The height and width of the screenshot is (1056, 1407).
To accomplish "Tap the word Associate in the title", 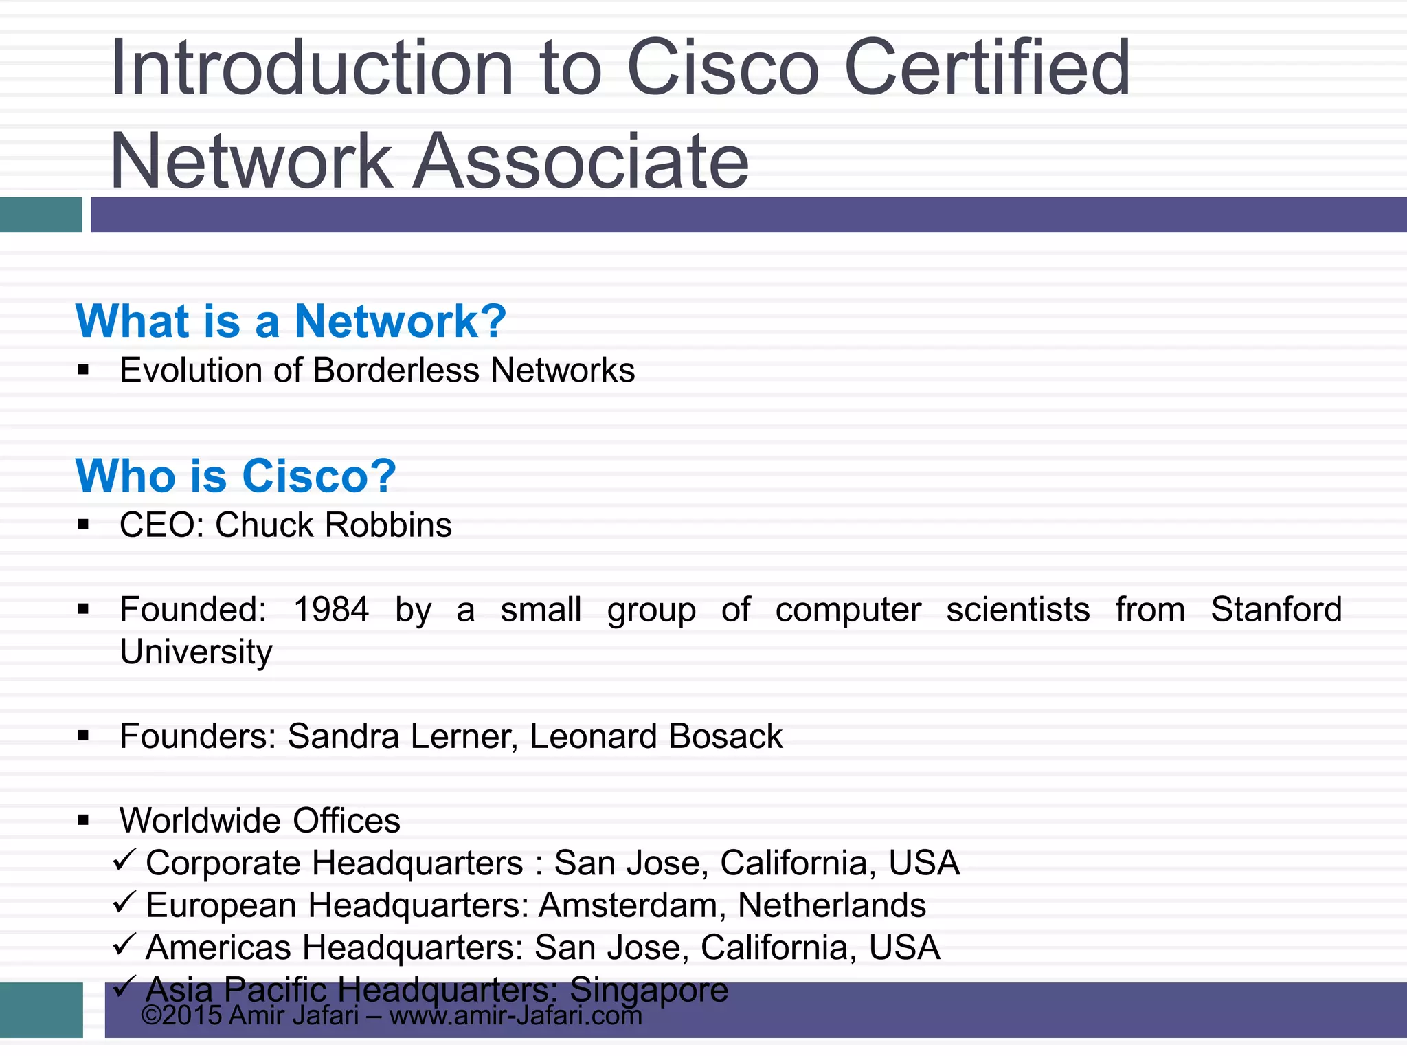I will pyautogui.click(x=581, y=162).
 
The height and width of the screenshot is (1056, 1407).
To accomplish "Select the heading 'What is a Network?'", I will pyautogui.click(x=291, y=321).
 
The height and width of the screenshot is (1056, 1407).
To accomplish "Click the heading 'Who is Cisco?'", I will pyautogui.click(x=236, y=476).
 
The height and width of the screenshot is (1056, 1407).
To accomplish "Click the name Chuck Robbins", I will pyautogui.click(x=333, y=525).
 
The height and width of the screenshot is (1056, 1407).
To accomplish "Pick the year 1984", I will pyautogui.click(x=331, y=610).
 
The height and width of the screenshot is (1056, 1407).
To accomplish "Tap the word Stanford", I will pyautogui.click(x=1276, y=610).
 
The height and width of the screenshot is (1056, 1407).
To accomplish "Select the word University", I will pyautogui.click(x=196, y=652).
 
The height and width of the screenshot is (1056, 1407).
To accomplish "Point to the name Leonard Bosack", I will pyautogui.click(x=656, y=736).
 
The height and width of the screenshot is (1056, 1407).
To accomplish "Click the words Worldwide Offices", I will pyautogui.click(x=260, y=821).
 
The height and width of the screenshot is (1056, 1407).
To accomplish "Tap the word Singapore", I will pyautogui.click(x=649, y=990).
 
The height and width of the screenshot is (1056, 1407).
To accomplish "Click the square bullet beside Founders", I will pyautogui.click(x=84, y=737).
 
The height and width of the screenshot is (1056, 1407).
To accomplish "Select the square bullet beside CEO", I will pyautogui.click(x=84, y=526).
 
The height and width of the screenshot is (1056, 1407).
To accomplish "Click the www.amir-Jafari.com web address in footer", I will pyautogui.click(x=515, y=1016).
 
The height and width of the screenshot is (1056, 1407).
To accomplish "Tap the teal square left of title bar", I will pyautogui.click(x=41, y=214).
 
